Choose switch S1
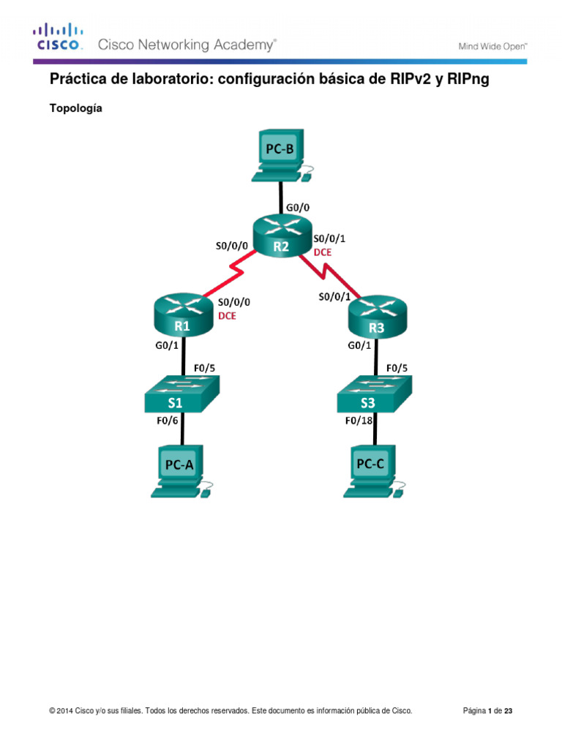coord(182,395)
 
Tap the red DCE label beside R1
coord(228,317)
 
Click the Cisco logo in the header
coord(59,37)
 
